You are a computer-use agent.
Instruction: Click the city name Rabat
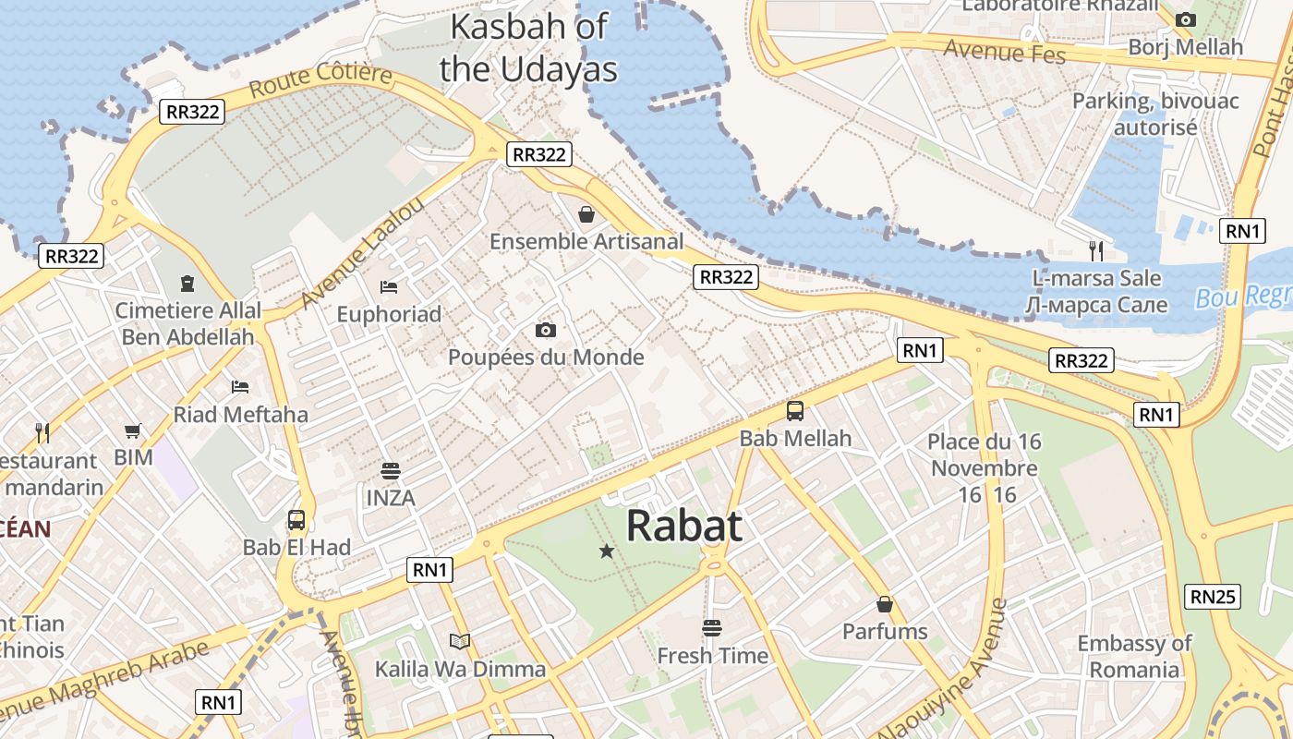tap(684, 526)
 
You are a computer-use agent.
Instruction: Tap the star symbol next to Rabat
tap(607, 551)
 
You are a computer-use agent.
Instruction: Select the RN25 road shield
tap(1213, 597)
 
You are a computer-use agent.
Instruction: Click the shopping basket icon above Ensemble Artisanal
tap(586, 215)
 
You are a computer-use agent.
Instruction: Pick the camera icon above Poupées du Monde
tap(546, 330)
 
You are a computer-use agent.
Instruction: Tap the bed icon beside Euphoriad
tap(389, 287)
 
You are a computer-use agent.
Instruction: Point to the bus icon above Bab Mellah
tap(795, 411)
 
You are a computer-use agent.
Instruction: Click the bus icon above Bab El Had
tap(296, 520)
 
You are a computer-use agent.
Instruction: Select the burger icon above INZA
tap(391, 470)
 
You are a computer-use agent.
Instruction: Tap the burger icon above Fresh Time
tap(712, 628)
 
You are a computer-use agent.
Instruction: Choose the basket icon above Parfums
tap(885, 605)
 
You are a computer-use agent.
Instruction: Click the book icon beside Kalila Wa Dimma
tap(459, 641)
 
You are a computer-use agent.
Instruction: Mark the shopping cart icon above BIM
tap(134, 430)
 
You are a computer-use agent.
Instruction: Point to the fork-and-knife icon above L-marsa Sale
tap(1096, 249)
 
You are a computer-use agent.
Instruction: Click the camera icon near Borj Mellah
tap(1186, 19)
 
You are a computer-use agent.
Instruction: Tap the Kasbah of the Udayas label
tap(528, 47)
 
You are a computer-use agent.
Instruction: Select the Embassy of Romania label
tap(1134, 656)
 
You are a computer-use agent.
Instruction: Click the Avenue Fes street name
tap(1004, 51)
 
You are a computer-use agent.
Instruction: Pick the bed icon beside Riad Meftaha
tap(240, 386)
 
